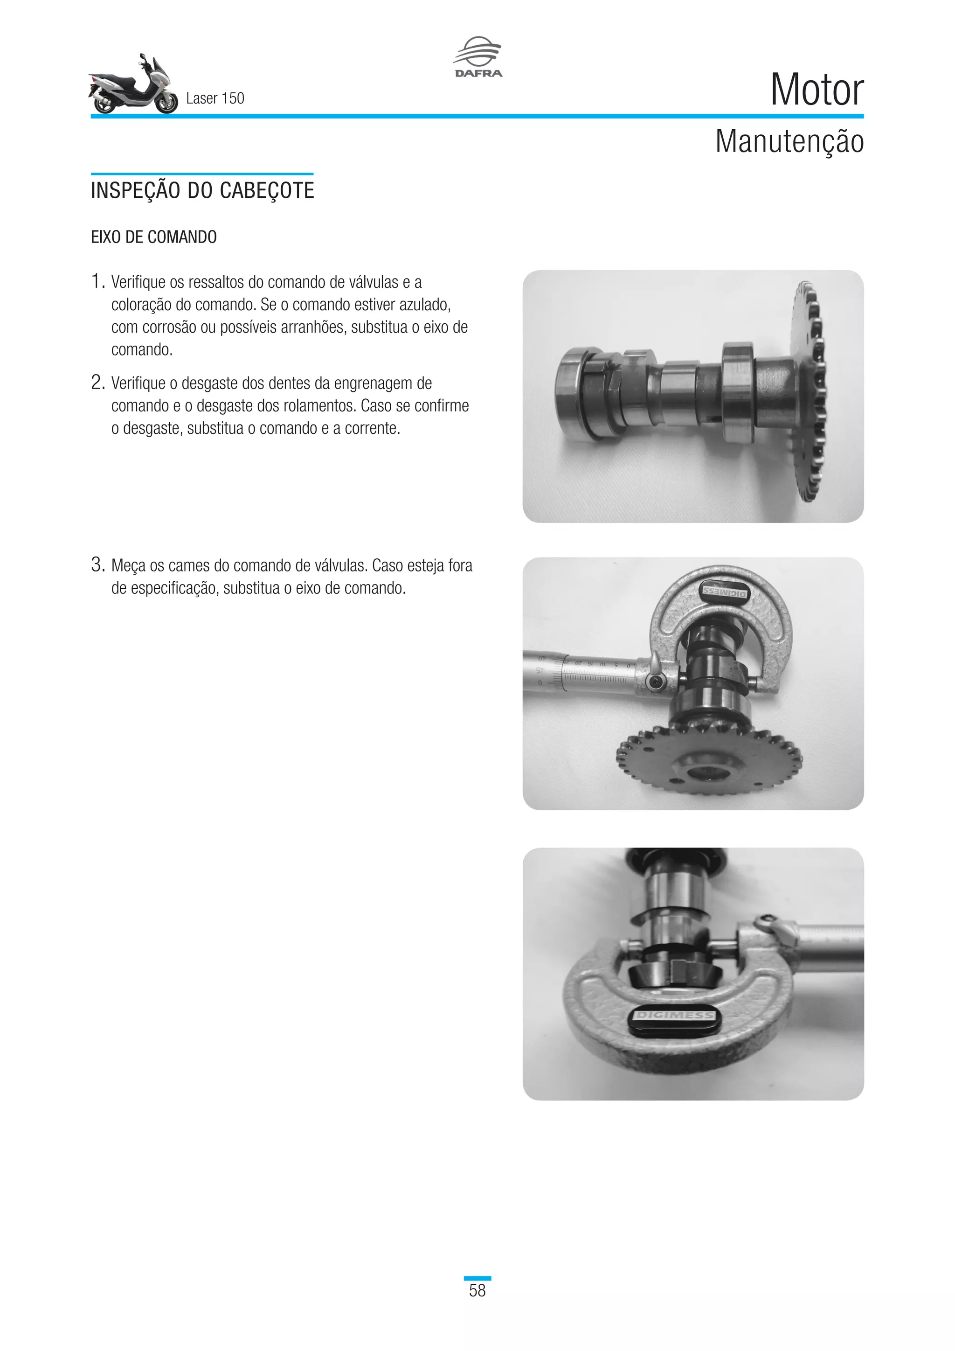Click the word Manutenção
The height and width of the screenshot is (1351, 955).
pos(789,142)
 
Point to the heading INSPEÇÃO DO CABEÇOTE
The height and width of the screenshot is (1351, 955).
pos(202,191)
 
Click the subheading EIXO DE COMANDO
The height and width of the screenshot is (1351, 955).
pos(153,237)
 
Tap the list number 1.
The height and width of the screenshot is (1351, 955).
pos(97,282)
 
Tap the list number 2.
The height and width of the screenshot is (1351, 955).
pos(97,383)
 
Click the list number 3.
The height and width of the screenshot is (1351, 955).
pos(97,565)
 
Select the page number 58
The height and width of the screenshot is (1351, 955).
pos(477,1290)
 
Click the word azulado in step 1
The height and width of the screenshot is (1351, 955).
pos(423,305)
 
